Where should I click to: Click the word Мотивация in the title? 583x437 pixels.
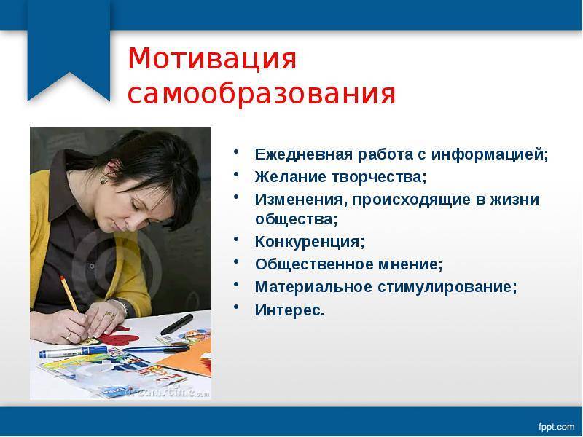tap(212, 59)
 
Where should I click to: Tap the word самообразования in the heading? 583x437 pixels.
tap(262, 93)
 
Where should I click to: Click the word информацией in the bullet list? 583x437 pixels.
tap(490, 155)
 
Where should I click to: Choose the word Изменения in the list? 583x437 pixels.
tap(301, 199)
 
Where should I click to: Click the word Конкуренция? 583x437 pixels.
tap(310, 242)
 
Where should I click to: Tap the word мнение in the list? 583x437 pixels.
tap(410, 264)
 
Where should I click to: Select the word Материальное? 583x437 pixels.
tap(313, 287)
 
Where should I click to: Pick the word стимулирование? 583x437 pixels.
tap(447, 288)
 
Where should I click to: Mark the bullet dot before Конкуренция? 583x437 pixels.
tap(236, 239)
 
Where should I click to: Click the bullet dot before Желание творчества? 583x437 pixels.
tap(236, 173)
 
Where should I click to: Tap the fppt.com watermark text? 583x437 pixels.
tap(556, 426)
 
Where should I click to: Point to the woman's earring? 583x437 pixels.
tap(103, 180)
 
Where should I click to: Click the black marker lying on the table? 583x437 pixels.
tap(177, 324)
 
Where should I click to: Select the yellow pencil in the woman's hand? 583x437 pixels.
tap(69, 294)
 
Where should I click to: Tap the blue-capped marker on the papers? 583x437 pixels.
tap(74, 352)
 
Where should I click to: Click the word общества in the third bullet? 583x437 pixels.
tap(297, 219)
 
